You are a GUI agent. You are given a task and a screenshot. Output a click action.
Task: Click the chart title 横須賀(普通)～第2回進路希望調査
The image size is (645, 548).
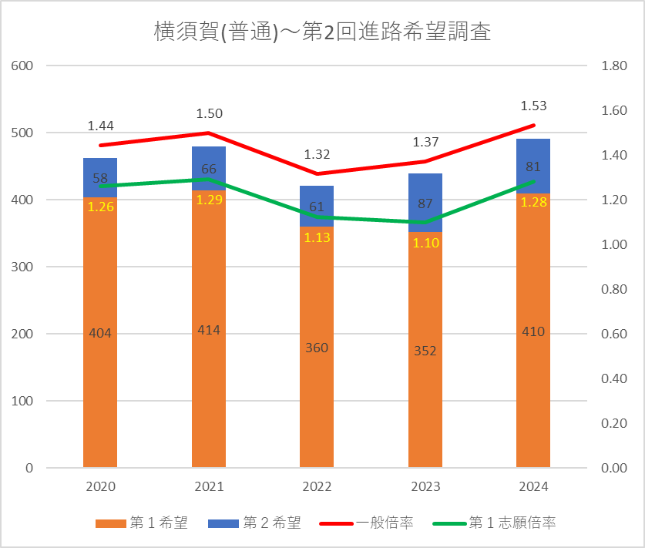(x=322, y=32)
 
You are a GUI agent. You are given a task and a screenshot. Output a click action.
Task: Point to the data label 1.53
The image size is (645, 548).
(x=533, y=106)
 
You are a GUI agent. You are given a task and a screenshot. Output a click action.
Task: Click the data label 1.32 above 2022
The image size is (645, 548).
(x=317, y=154)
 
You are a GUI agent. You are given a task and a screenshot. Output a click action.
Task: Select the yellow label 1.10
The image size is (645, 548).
(x=425, y=242)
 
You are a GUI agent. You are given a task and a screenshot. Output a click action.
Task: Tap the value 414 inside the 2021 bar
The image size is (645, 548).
(x=209, y=330)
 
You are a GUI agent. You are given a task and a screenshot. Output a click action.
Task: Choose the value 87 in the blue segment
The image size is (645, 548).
(x=425, y=204)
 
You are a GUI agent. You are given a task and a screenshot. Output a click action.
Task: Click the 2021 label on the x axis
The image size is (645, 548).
(x=209, y=487)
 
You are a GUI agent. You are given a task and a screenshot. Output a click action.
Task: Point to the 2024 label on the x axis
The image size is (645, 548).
(x=533, y=487)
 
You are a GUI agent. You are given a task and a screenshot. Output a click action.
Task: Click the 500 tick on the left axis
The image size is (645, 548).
(x=22, y=133)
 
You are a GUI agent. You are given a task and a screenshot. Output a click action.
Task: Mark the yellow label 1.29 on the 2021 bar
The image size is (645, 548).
(x=209, y=200)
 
